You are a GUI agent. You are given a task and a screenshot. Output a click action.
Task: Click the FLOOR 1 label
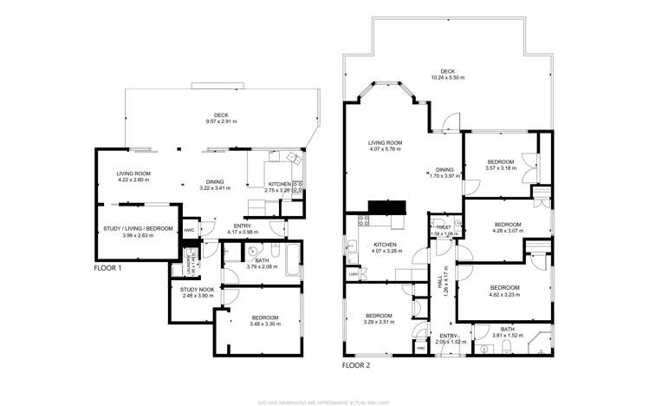pos(107,269)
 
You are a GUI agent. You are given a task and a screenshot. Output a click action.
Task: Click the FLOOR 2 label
pos(355,365)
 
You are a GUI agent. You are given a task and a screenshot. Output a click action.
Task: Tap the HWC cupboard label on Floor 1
pos(189,230)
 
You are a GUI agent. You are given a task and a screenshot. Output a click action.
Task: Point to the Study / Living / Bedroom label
pos(138,229)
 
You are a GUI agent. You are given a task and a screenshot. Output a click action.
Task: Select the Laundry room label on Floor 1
pos(189,259)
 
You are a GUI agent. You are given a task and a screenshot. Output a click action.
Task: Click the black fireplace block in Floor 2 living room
pos(386,206)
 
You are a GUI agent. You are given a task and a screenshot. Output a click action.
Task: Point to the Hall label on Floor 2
pos(445,279)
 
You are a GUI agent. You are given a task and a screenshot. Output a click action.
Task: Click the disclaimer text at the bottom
pos(323,402)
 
